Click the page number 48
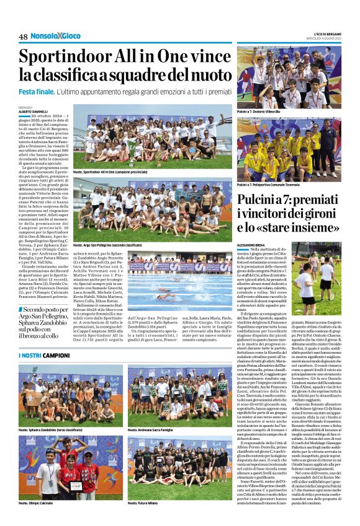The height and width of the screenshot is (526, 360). coord(23,37)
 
